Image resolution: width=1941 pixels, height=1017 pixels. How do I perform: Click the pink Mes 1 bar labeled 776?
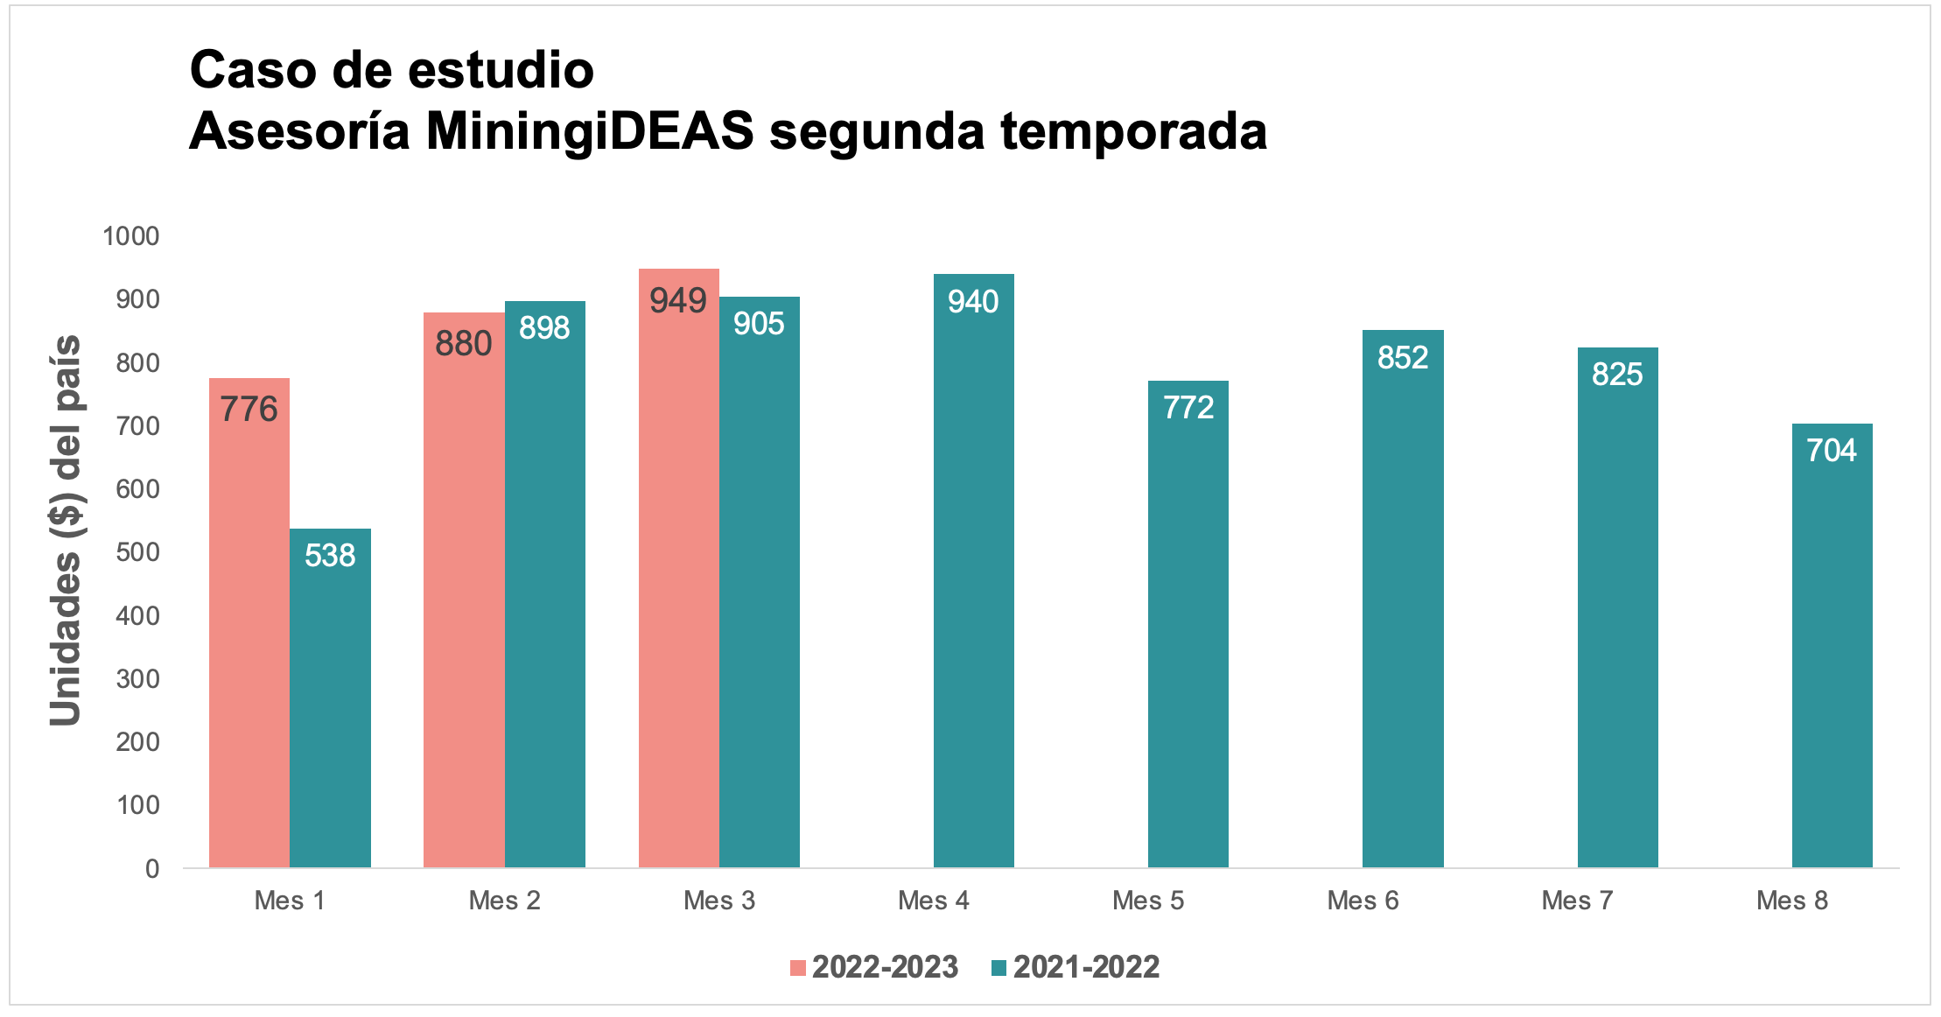tap(249, 622)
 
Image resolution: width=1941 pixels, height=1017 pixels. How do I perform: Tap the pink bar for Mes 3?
tap(678, 568)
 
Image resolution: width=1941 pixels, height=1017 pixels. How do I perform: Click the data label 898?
tap(544, 328)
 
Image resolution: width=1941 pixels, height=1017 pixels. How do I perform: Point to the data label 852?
tap(1403, 358)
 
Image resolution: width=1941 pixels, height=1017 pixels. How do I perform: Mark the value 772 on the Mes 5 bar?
tap(1188, 408)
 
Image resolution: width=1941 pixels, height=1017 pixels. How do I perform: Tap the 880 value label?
tap(464, 344)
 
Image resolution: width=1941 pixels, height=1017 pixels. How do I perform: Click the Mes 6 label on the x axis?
tap(1363, 901)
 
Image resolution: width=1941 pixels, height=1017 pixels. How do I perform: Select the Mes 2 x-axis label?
tap(504, 901)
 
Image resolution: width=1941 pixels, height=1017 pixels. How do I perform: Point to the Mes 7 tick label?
tap(1577, 901)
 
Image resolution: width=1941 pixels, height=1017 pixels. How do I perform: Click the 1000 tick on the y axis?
tap(131, 236)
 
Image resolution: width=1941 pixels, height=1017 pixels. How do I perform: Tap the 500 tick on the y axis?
tap(138, 552)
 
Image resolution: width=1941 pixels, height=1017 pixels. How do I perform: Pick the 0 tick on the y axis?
tap(152, 868)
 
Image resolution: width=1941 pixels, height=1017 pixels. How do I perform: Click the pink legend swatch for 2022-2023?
tap(797, 968)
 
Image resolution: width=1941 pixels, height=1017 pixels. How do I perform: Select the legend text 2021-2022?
tap(1086, 967)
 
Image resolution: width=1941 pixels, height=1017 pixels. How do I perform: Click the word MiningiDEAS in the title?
tap(590, 131)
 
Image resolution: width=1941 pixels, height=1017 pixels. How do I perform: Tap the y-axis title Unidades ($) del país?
tap(66, 530)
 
